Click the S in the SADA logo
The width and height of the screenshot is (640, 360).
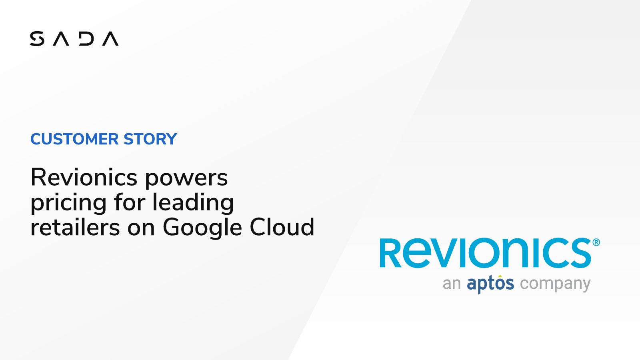click(x=37, y=39)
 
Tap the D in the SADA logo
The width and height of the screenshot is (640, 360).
click(x=86, y=39)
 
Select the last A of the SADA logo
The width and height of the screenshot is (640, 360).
click(x=110, y=39)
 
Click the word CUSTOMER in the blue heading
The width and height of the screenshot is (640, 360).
click(x=74, y=139)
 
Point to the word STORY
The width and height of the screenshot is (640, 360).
click(x=150, y=139)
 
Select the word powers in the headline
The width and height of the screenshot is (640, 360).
click(x=186, y=178)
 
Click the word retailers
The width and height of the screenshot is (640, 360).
click(x=75, y=227)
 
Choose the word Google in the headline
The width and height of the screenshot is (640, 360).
click(x=202, y=228)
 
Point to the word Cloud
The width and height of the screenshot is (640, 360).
click(x=282, y=227)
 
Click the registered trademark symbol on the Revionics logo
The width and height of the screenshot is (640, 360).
click(x=596, y=242)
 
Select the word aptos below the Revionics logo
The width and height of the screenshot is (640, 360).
click(x=490, y=284)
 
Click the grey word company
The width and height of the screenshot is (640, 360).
click(x=555, y=284)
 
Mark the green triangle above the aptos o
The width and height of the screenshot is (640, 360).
click(x=500, y=276)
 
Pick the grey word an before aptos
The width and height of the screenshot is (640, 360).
click(x=452, y=284)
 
